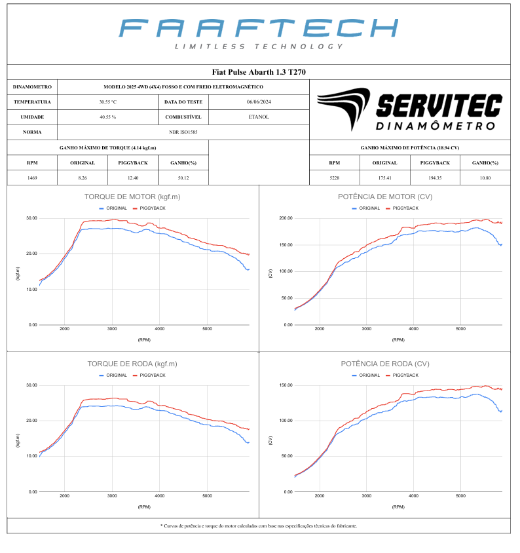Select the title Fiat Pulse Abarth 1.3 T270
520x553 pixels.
259,72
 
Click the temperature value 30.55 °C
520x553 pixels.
107,102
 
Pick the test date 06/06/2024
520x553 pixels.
259,102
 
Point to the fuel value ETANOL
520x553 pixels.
259,117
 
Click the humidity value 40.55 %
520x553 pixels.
107,117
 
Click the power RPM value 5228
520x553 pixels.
334,178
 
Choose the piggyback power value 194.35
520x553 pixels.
435,178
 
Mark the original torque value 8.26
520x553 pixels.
83,178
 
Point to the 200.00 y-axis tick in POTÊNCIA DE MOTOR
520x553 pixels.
284,218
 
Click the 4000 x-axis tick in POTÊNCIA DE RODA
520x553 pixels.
413,496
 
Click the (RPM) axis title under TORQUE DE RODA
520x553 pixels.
143,507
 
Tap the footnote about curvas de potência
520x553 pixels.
259,525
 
